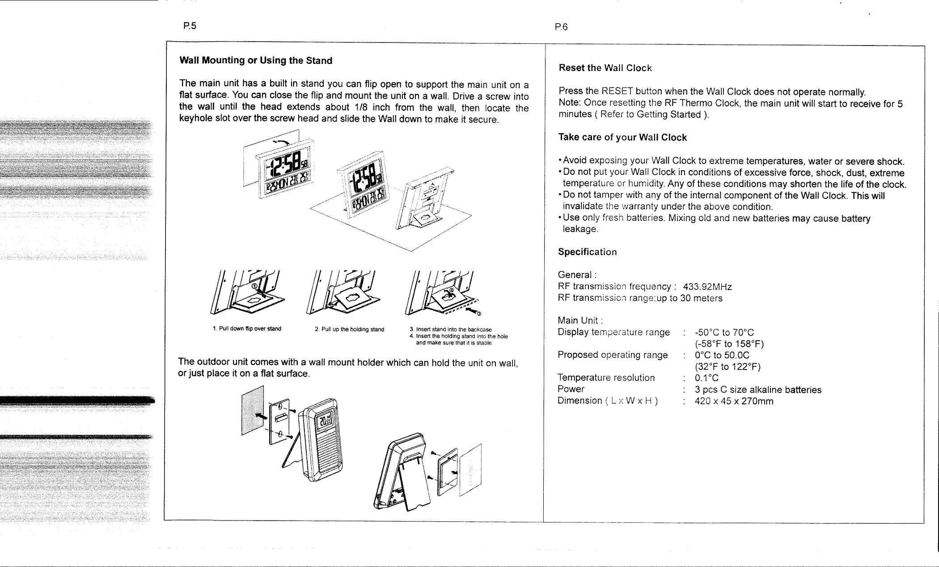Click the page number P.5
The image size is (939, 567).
[190, 26]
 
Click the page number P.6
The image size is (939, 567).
[561, 27]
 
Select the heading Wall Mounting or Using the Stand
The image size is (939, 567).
[256, 60]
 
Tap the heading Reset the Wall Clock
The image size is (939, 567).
[605, 68]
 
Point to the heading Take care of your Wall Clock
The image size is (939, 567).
[622, 138]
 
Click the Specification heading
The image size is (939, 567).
[587, 252]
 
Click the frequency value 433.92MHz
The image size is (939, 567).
[707, 286]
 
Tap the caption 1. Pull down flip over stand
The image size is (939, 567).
[247, 329]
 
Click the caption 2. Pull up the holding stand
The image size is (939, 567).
[349, 329]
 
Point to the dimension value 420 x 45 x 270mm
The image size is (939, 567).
[734, 401]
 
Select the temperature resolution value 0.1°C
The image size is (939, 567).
[706, 378]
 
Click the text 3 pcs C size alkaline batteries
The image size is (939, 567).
[758, 390]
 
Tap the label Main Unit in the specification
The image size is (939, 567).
[580, 320]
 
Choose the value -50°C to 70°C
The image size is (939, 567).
[724, 332]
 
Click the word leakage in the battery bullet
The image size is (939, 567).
[580, 229]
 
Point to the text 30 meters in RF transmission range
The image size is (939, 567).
[701, 298]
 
